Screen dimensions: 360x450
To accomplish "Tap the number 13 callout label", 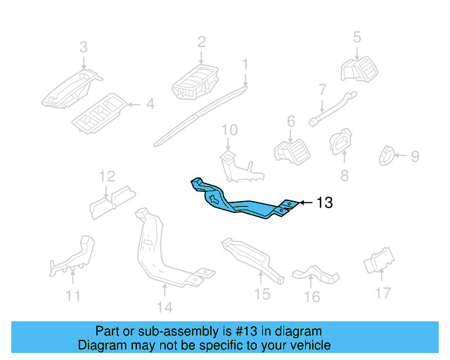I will tap(324, 203).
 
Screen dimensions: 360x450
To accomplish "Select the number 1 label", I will tap(245, 65).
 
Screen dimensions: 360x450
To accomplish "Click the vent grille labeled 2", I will tap(197, 83).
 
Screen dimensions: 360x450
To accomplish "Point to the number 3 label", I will tap(83, 48).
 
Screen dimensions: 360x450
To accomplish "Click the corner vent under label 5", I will tap(359, 68).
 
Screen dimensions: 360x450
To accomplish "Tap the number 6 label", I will tap(290, 122).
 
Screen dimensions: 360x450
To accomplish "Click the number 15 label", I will tap(262, 294).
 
